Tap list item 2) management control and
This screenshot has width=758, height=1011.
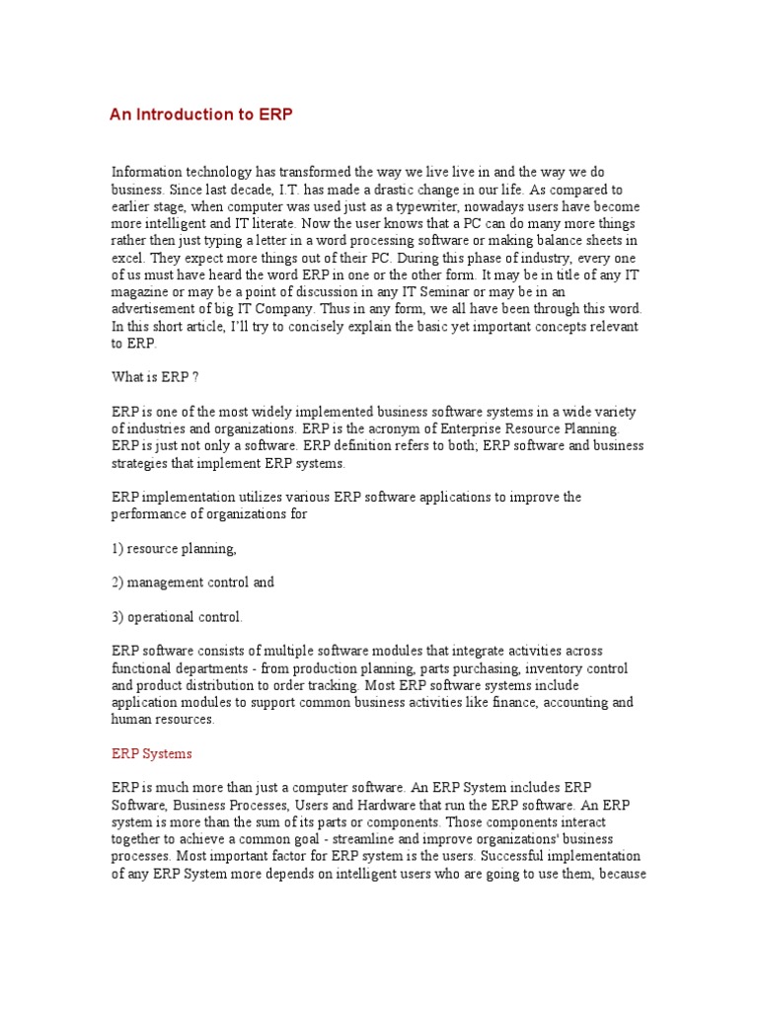click(x=192, y=583)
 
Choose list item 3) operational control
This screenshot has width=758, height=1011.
click(x=177, y=617)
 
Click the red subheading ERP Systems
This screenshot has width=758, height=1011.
click(x=152, y=753)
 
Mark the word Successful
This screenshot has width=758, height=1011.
click(x=514, y=856)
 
